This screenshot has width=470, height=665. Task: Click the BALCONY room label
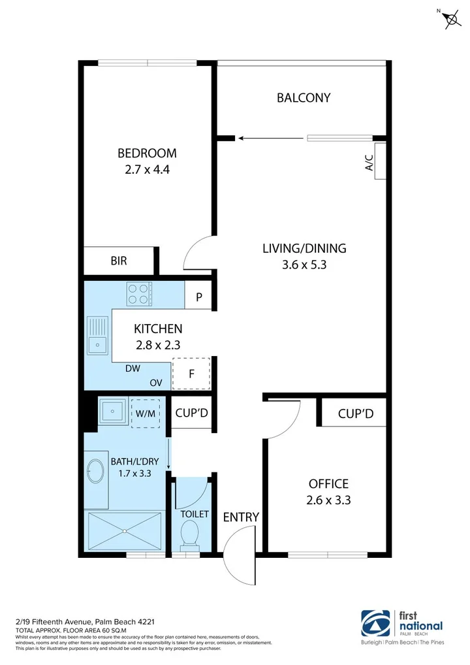(x=304, y=98)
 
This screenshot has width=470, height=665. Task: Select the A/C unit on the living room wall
(x=378, y=161)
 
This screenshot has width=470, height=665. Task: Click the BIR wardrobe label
(x=118, y=261)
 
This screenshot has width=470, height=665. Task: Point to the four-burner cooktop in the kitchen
(x=138, y=293)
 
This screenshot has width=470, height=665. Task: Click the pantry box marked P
(x=199, y=297)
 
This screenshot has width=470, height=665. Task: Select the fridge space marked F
(x=191, y=374)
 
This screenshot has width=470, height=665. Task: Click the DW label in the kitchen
(x=133, y=368)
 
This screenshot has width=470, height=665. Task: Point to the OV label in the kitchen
(x=156, y=383)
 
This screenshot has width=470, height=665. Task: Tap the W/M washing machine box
(x=145, y=413)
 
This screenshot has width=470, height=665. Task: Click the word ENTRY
(x=241, y=517)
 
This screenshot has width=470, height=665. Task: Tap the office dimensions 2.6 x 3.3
(x=328, y=500)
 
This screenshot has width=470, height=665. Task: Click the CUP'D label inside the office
(x=355, y=414)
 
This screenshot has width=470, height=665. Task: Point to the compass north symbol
(x=450, y=20)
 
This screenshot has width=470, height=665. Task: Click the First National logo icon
(x=377, y=626)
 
